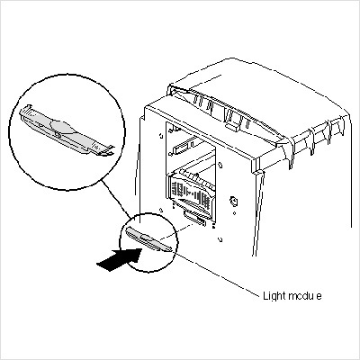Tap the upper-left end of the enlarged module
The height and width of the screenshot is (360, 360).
pyautogui.click(x=25, y=112)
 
